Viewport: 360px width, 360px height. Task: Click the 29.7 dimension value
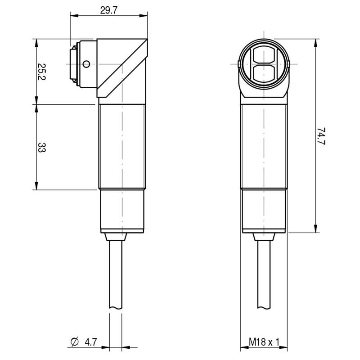coord(109,10)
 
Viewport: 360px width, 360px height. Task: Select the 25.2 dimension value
coord(41,72)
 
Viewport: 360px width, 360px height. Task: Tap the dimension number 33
coord(42,148)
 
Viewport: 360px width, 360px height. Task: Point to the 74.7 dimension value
coord(321,136)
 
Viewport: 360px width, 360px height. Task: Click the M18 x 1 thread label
coord(264,342)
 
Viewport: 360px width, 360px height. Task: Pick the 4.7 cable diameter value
coord(91,342)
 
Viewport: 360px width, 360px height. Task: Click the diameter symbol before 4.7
coord(74,342)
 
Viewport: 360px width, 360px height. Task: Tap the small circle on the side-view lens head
coord(86,64)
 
